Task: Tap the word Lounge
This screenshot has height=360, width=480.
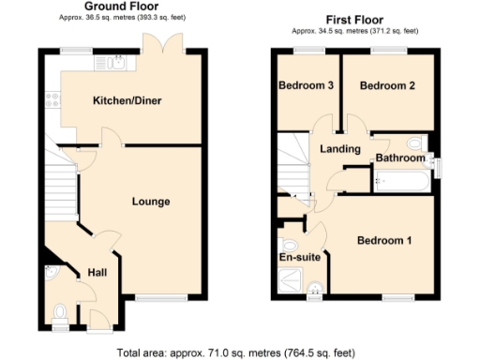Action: (x=150, y=201)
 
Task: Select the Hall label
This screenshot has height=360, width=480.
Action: (x=97, y=272)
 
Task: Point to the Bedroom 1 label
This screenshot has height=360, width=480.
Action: (x=383, y=240)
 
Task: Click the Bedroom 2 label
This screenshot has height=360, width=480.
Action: (x=387, y=86)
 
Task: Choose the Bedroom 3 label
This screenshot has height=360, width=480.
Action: (x=306, y=86)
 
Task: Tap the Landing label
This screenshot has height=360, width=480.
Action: (x=340, y=149)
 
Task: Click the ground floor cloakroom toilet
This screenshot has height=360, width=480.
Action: (x=61, y=310)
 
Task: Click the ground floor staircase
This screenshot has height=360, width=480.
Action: (x=60, y=187)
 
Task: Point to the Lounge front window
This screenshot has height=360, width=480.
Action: (x=150, y=299)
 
